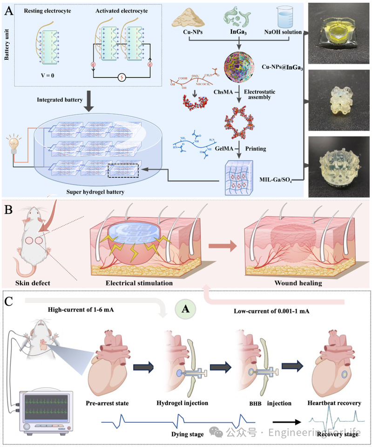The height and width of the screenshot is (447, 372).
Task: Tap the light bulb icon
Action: click(x=12, y=142)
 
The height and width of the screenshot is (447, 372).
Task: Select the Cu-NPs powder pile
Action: click(x=189, y=18)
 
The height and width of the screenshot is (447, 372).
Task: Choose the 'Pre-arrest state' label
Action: click(x=108, y=402)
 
